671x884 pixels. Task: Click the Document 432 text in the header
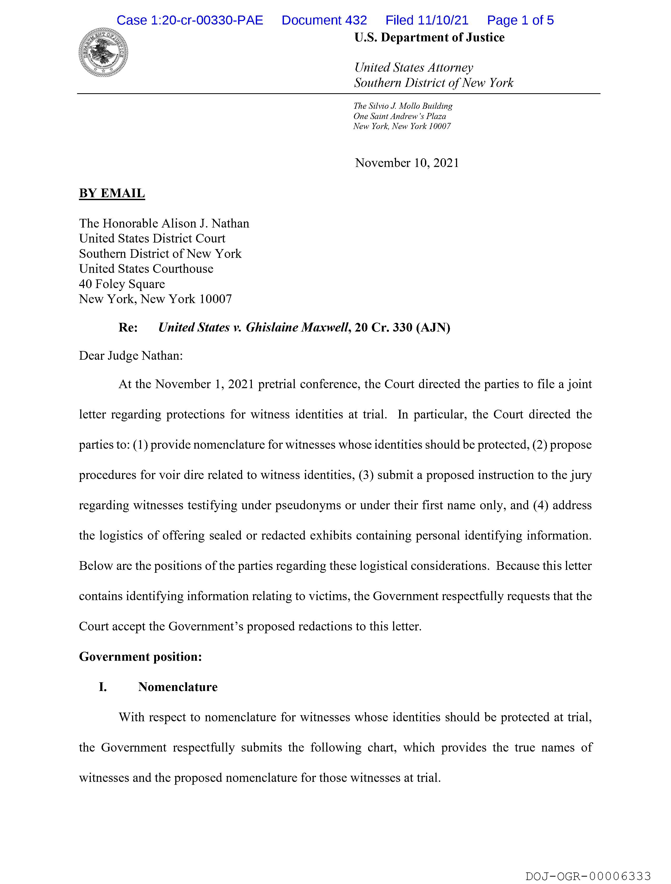pyautogui.click(x=324, y=20)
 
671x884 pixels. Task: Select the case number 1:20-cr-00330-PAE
pyautogui.click(x=190, y=20)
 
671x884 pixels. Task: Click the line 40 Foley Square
pyautogui.click(x=122, y=284)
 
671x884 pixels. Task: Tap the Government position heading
pyautogui.click(x=140, y=656)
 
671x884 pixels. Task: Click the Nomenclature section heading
pyautogui.click(x=178, y=687)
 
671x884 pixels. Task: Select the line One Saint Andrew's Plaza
pyautogui.click(x=399, y=116)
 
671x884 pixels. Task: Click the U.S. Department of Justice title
pyautogui.click(x=429, y=38)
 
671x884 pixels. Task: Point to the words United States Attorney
pyautogui.click(x=413, y=67)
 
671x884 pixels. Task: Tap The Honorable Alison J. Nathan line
pyautogui.click(x=164, y=223)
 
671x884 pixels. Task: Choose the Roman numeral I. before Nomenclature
pyautogui.click(x=103, y=687)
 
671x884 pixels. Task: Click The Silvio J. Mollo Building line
pyautogui.click(x=403, y=106)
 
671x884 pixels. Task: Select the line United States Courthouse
pyautogui.click(x=146, y=269)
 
